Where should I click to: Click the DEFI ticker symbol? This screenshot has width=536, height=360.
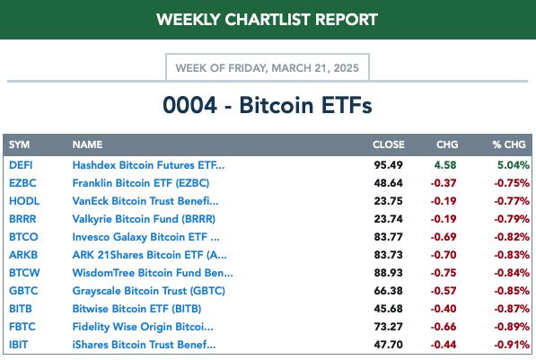(21, 165)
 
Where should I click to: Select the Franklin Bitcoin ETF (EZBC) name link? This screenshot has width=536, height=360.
(141, 183)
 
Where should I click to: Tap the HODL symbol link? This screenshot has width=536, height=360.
(24, 201)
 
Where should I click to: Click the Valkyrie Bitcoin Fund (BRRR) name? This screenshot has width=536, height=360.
(144, 219)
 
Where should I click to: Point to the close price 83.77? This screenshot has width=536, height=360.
(389, 237)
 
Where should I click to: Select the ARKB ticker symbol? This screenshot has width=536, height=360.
(23, 255)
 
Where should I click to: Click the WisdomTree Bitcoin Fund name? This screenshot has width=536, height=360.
(153, 273)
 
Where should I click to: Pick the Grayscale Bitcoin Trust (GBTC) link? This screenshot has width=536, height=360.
(149, 291)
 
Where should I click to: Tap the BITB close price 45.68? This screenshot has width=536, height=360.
(389, 309)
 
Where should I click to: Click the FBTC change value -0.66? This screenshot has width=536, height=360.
(444, 327)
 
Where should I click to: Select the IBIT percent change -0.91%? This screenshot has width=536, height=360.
(512, 345)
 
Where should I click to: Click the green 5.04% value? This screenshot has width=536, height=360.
(514, 165)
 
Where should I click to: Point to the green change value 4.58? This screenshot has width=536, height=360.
(445, 165)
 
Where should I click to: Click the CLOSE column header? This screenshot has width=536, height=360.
(389, 145)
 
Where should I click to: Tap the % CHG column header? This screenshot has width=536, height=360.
(509, 145)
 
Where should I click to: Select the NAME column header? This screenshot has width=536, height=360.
(87, 145)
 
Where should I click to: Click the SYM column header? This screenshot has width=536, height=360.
(19, 145)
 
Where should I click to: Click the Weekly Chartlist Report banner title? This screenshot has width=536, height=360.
(267, 20)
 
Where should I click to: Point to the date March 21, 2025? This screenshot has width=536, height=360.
(315, 68)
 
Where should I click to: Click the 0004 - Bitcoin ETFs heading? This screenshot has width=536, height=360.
(268, 105)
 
